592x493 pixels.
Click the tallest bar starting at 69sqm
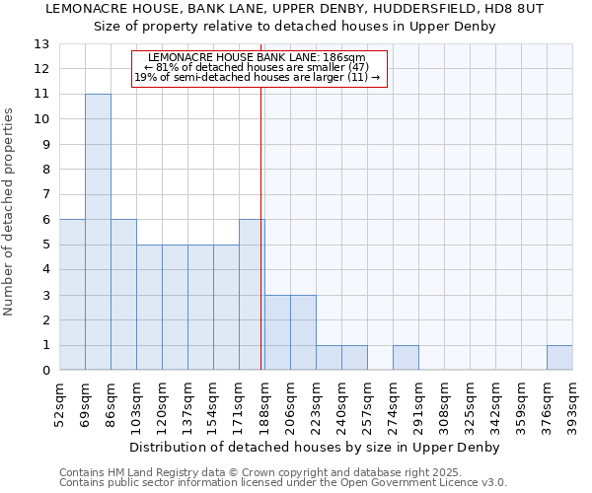click(x=98, y=232)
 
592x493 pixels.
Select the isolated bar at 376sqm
click(x=559, y=358)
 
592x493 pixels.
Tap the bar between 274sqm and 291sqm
click(x=406, y=358)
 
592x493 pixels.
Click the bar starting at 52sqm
click(x=72, y=295)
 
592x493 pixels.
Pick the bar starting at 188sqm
click(x=277, y=332)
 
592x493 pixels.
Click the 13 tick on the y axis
click(x=41, y=44)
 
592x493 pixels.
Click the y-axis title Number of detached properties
click(x=10, y=212)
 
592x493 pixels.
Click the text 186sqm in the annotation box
click(x=348, y=57)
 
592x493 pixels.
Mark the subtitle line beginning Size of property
click(x=295, y=26)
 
